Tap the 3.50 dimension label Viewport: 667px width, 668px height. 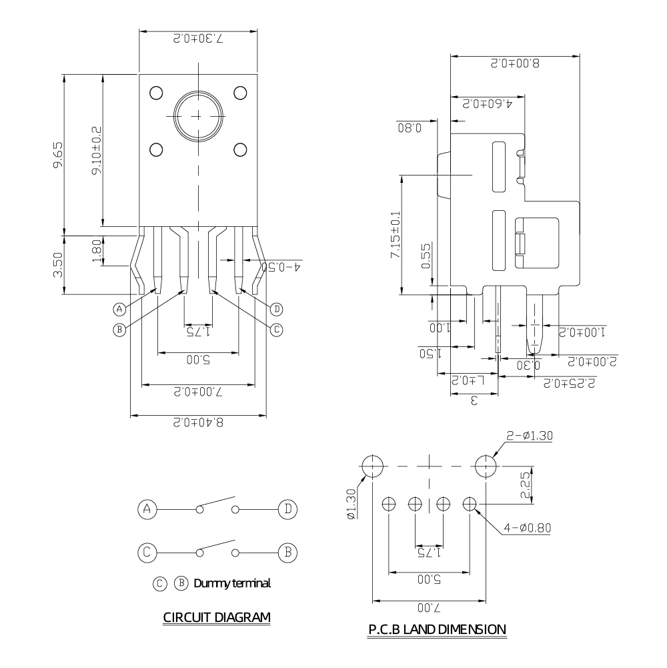click(x=58, y=264)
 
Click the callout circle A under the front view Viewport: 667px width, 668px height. click(x=119, y=309)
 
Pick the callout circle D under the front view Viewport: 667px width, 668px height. click(x=277, y=308)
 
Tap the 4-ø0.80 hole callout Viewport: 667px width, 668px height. click(x=528, y=527)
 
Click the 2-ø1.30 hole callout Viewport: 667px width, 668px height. click(x=530, y=436)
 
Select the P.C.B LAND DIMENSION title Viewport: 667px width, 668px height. click(x=437, y=629)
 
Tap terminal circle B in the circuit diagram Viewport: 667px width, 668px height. click(x=287, y=553)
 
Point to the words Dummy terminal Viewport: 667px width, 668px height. click(x=232, y=583)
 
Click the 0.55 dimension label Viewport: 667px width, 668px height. click(x=426, y=255)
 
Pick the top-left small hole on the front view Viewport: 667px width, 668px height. click(x=157, y=92)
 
